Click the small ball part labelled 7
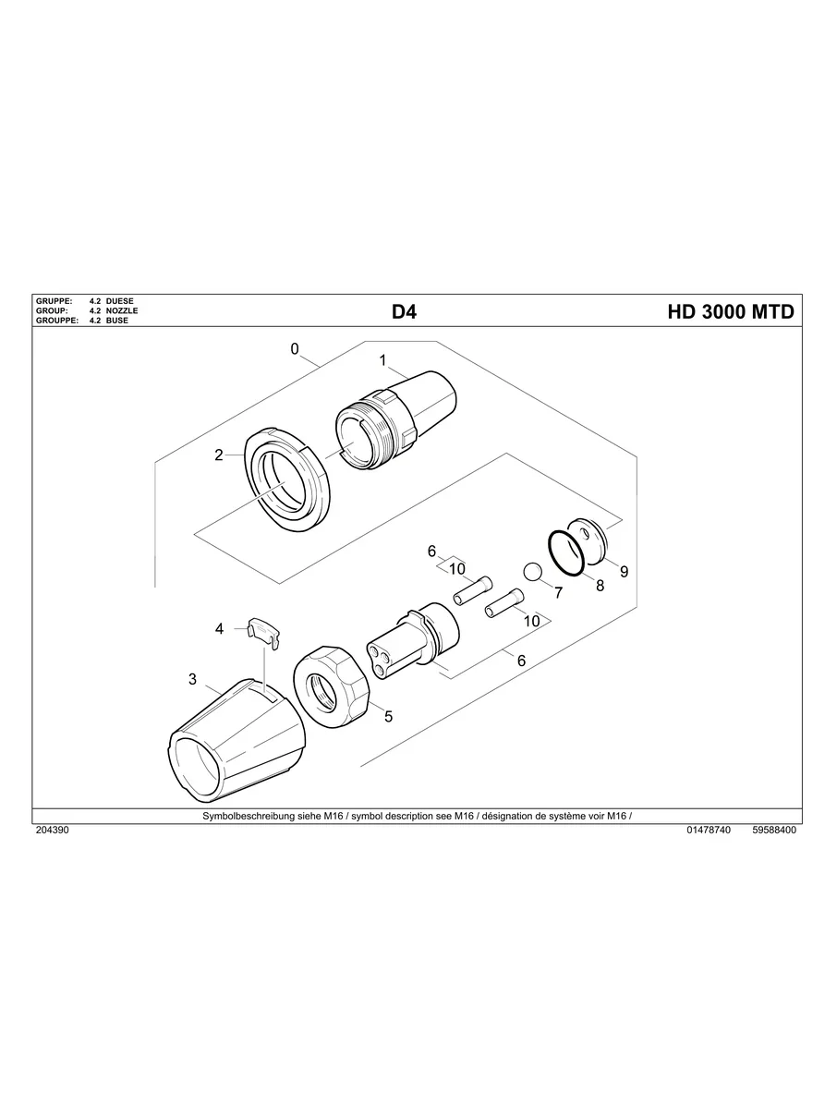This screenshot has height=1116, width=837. (532, 572)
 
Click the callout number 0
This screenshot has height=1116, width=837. (295, 349)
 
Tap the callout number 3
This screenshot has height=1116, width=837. (192, 679)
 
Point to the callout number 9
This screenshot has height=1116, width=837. (624, 572)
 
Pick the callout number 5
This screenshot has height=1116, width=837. (389, 716)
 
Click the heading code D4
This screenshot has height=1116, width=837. (404, 312)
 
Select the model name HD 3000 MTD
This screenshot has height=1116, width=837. (730, 312)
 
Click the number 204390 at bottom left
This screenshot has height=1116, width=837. (52, 831)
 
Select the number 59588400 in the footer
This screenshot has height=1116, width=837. (774, 831)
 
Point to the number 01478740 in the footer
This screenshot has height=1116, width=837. (709, 831)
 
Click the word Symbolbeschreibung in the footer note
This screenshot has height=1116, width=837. (242, 817)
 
